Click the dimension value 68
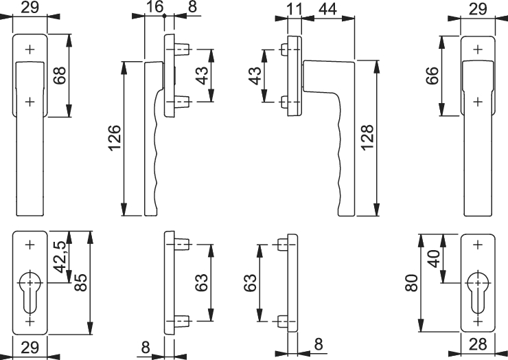tap(60, 76)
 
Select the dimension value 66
tap(432, 76)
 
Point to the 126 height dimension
tap(115, 138)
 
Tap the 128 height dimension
tap(367, 138)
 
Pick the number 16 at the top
tap(154, 7)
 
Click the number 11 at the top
tap(295, 9)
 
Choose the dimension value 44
tap(328, 9)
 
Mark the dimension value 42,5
tap(60, 257)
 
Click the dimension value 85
tap(81, 282)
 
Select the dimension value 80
tap(412, 283)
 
